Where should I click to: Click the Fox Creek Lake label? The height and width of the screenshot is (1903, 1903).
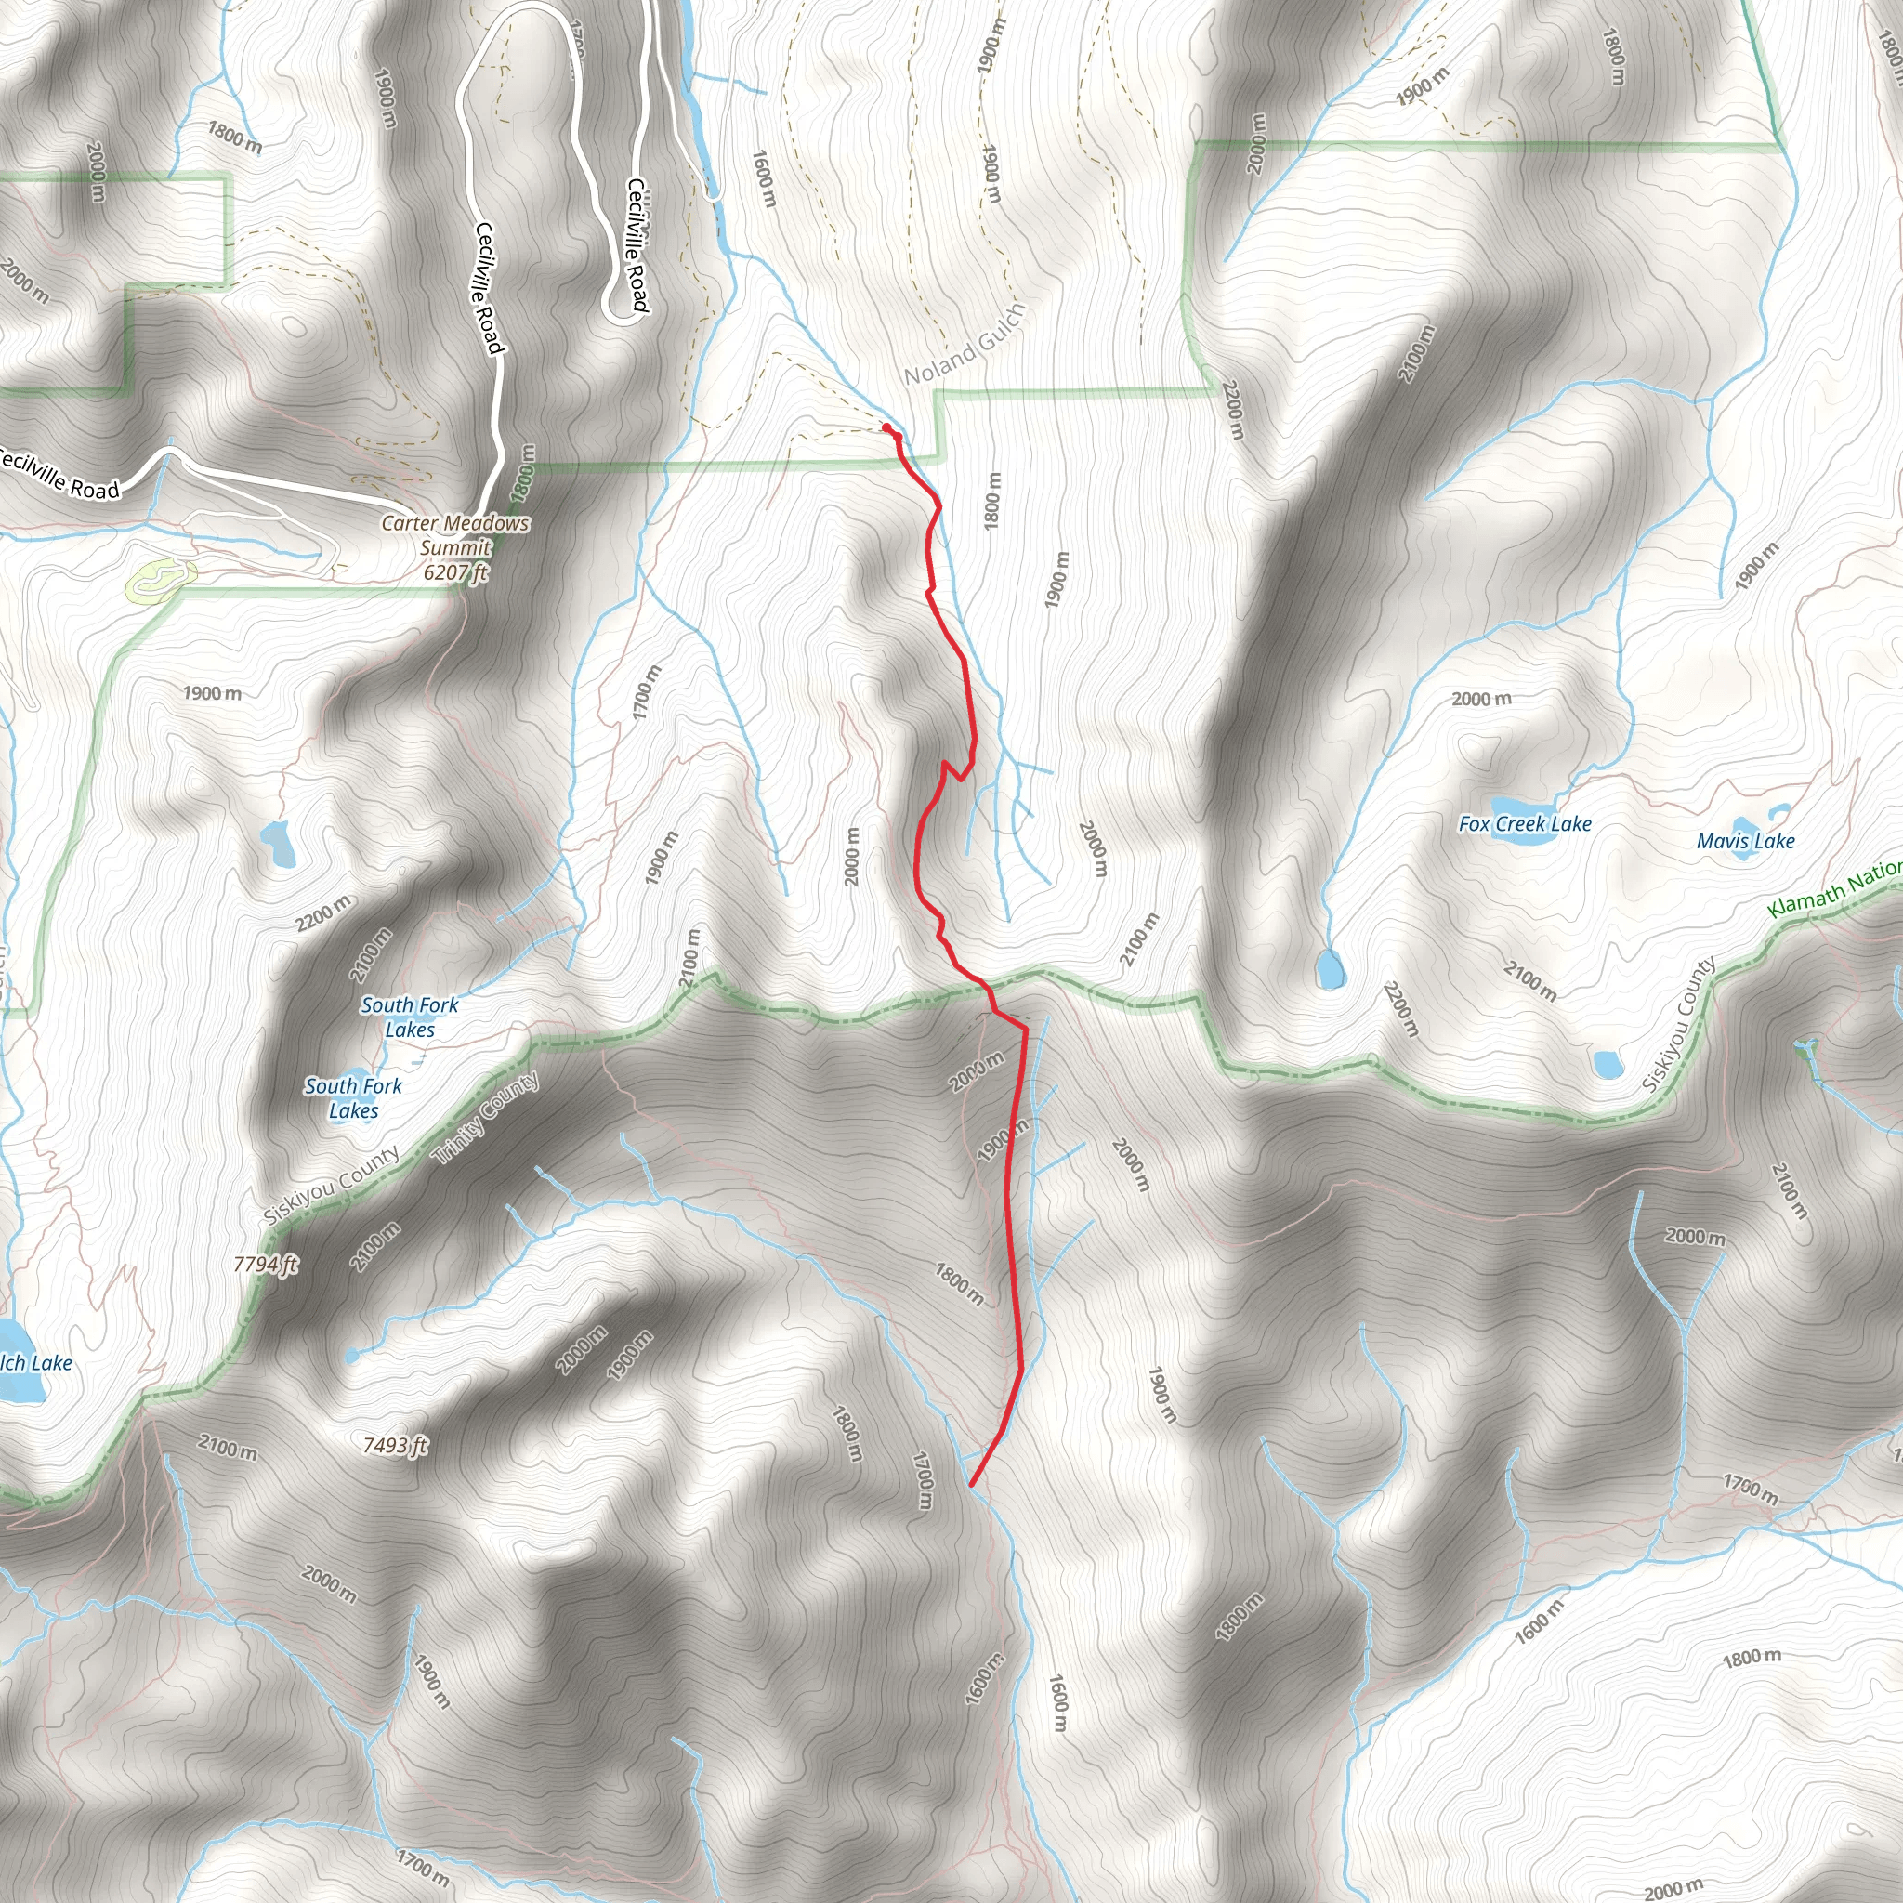coord(1525,823)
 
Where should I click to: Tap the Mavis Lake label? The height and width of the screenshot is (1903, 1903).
coord(1745,840)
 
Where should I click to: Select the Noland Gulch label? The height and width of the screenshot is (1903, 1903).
coord(965,345)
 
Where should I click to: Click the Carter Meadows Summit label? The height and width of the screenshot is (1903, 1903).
coord(455,535)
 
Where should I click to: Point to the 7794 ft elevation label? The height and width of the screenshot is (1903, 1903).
coord(266,1264)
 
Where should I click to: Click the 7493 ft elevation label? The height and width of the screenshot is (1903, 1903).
coord(395,1445)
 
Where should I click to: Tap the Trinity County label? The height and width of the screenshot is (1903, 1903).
coord(487,1119)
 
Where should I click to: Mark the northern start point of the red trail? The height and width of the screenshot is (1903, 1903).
coord(886,427)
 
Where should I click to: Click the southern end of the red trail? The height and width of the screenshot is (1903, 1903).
coord(972,1483)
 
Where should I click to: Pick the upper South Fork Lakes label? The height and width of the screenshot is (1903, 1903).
coord(409,1017)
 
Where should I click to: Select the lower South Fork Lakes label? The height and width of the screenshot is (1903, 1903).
coord(352,1097)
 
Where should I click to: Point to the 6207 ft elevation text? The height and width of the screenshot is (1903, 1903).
coord(455,572)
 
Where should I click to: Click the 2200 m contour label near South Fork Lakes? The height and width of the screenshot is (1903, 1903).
coord(323,913)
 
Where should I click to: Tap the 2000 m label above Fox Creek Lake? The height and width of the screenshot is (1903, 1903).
coord(1480,699)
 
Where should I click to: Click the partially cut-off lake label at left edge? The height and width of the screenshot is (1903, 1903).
coord(35,1363)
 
